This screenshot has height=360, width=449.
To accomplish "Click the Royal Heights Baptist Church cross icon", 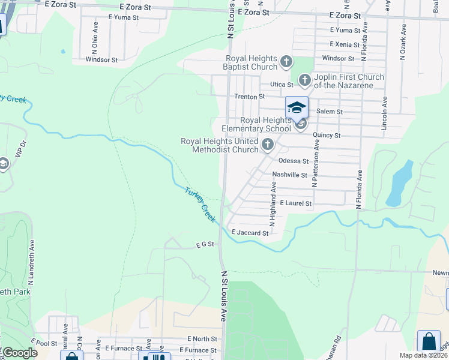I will point(287,62).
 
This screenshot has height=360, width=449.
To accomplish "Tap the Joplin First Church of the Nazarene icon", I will point(305,80).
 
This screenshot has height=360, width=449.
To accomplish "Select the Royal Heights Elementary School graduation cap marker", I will point(297,108).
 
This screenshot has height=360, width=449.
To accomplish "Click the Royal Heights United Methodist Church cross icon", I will point(268,145).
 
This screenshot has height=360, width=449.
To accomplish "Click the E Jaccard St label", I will point(250,233).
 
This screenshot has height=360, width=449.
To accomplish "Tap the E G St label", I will point(205,245).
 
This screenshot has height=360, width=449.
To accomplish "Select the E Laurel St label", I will point(295,204).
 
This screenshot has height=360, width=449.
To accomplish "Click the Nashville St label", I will point(289,175).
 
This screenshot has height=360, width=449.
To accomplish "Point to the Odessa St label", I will point(294,161).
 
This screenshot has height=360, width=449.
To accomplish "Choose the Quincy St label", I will point(328,136).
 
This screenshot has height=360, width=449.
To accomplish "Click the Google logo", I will point(20,353).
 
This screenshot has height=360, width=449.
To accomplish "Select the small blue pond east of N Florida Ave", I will point(398,182).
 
